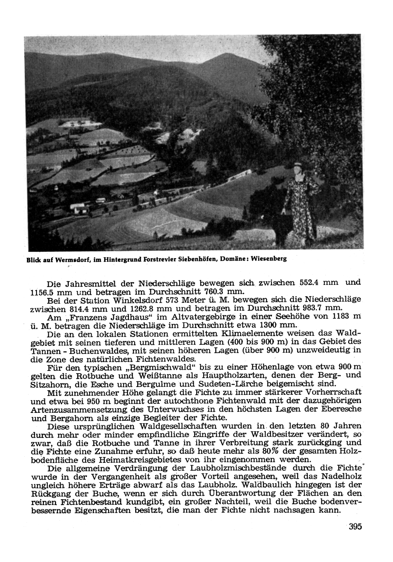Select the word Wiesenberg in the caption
point(269,259)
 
